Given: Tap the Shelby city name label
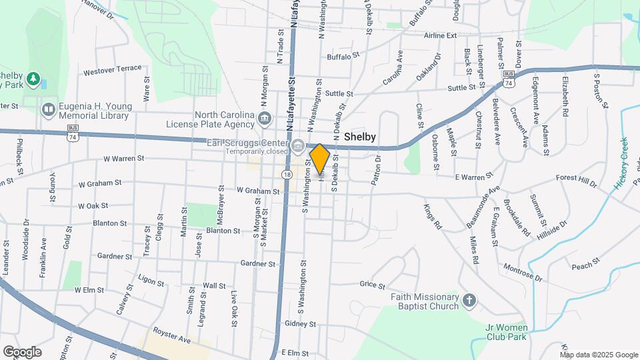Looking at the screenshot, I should pyautogui.click(x=360, y=137).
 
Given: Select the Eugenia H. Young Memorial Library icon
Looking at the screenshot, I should pyautogui.click(x=48, y=109).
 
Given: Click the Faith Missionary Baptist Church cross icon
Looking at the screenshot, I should pyautogui.click(x=470, y=301).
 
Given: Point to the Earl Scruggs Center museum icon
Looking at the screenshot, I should pyautogui.click(x=297, y=145).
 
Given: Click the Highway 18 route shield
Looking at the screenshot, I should pyautogui.click(x=287, y=174).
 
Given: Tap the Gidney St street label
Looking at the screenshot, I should pyautogui.click(x=299, y=324).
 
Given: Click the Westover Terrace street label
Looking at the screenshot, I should pyautogui.click(x=112, y=69).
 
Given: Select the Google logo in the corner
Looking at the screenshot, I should pyautogui.click(x=22, y=351).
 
